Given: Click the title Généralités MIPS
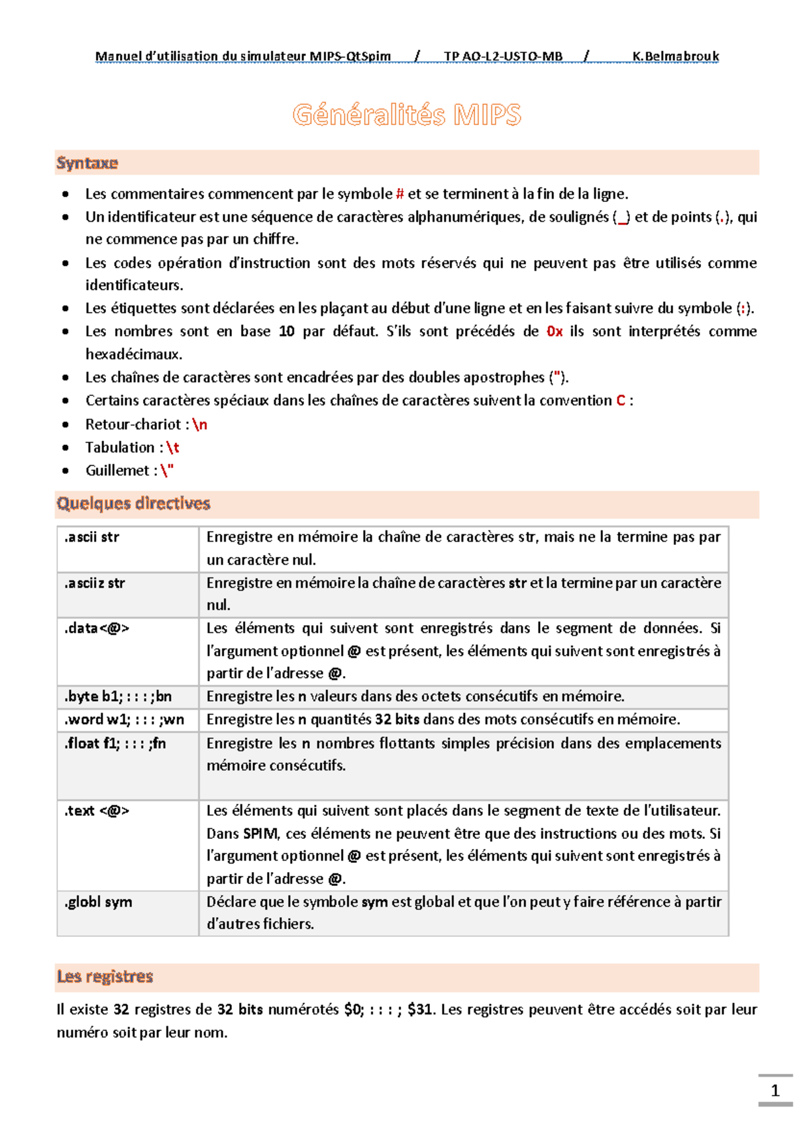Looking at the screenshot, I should click(407, 115).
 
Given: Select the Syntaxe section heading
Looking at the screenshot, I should click(87, 163).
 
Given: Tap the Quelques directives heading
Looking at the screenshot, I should click(133, 503).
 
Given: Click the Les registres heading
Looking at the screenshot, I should click(105, 977).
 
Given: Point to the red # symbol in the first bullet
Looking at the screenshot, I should click(399, 194).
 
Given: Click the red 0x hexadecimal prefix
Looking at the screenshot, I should click(555, 331).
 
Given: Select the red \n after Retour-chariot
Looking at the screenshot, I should click(199, 424).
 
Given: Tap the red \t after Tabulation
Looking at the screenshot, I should click(173, 448).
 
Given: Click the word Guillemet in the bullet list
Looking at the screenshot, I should click(117, 471).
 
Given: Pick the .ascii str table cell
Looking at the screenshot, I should click(92, 537).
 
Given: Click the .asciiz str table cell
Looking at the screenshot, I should click(95, 583).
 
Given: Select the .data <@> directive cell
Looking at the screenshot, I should click(97, 628).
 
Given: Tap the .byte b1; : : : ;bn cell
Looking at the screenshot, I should click(118, 697).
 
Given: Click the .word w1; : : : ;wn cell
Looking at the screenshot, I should click(124, 720).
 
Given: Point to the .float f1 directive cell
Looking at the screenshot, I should click(115, 744).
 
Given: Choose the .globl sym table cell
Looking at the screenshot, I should click(98, 902).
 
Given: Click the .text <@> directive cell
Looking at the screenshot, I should click(97, 811).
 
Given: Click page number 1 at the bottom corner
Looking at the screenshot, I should click(774, 1091).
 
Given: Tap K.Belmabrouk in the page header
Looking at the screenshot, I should click(675, 56).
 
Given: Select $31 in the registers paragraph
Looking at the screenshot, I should click(420, 1010).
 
